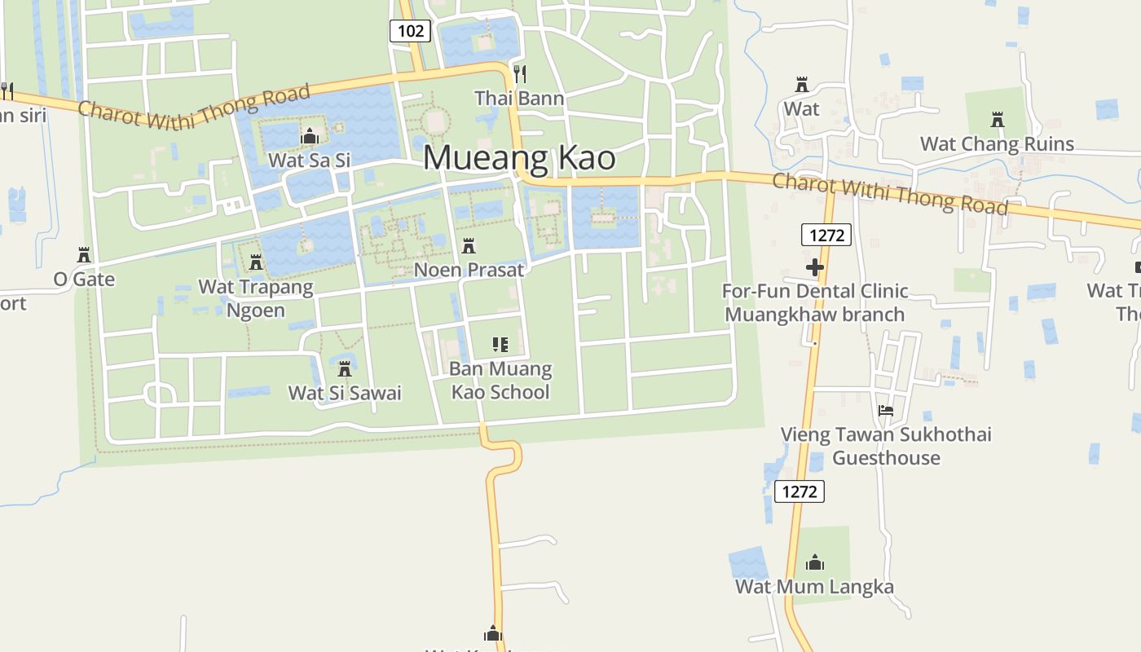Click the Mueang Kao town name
click(519, 158)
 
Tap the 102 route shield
click(410, 31)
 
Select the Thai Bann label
click(519, 99)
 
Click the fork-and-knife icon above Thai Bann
click(519, 74)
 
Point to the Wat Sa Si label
click(309, 161)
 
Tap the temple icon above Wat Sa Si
click(309, 136)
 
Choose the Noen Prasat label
click(469, 270)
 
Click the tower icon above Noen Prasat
click(469, 245)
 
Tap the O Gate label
click(84, 280)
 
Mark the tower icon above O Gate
click(83, 255)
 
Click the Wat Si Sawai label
click(345, 393)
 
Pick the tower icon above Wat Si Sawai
click(345, 368)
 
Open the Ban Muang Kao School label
click(500, 381)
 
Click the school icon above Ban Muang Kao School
click(500, 345)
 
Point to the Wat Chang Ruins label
click(997, 144)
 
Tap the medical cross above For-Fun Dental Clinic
click(815, 267)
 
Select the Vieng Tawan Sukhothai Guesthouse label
click(886, 446)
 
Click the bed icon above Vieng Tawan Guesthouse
click(886, 410)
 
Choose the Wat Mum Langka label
click(814, 587)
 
